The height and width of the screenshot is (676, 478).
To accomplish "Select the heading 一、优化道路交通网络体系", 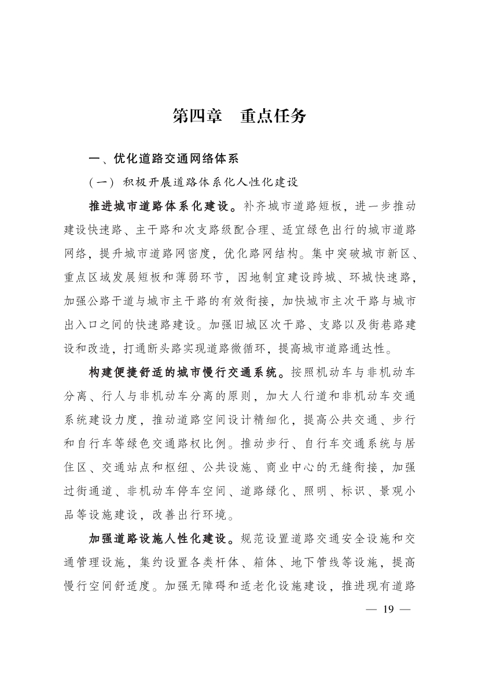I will pos(163,158).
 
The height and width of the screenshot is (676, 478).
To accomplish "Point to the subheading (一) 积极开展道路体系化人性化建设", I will pos(193,182).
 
